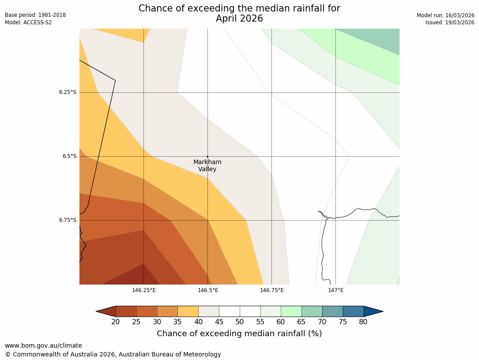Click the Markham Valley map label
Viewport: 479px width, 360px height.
point(207,165)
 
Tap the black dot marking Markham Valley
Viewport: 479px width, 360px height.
point(207,157)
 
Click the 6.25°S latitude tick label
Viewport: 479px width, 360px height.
point(68,92)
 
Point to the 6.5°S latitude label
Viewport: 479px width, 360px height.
point(69,156)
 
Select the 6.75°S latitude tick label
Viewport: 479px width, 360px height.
point(68,220)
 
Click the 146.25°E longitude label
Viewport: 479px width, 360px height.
point(143,290)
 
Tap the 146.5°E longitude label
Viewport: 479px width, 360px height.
point(207,290)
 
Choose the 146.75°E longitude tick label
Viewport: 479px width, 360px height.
point(272,290)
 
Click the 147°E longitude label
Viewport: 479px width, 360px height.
point(336,290)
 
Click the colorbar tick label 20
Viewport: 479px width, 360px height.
point(116,322)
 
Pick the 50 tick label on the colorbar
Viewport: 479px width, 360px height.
point(239,322)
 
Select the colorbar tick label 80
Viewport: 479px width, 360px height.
point(363,322)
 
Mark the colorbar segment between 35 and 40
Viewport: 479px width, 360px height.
point(188,311)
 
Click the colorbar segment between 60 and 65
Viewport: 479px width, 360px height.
point(291,311)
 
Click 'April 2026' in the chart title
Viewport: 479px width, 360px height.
point(239,19)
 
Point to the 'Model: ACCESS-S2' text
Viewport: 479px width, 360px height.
point(28,22)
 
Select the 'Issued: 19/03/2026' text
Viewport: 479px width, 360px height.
point(450,22)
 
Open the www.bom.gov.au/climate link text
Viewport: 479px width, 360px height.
point(43,345)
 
